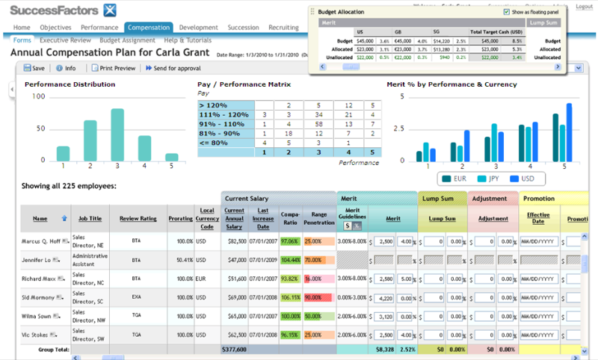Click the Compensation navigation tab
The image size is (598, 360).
[x=148, y=28]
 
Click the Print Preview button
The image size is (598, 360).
[x=114, y=68]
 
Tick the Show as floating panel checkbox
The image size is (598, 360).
[x=508, y=13]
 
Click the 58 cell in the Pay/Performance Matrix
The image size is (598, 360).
[x=318, y=124]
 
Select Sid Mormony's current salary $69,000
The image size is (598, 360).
[x=235, y=297]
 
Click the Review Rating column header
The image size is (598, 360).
[x=138, y=219]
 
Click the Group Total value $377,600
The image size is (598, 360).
[x=235, y=349]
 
